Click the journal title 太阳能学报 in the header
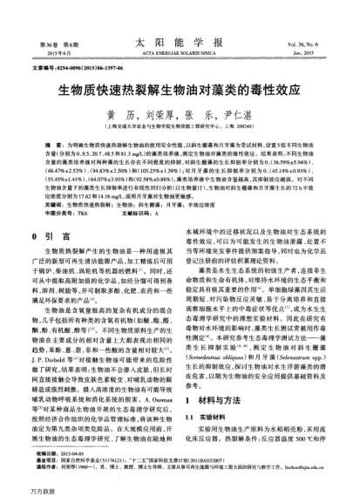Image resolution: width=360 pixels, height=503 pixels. tap(180, 41)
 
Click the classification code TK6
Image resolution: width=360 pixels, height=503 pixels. tap(81, 212)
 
